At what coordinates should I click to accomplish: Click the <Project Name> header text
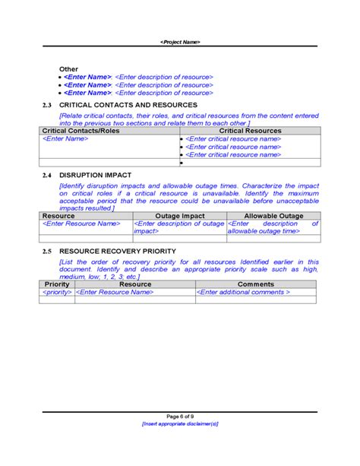click(180, 42)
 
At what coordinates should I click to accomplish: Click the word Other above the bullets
click(68, 68)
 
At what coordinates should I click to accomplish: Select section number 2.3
click(46, 104)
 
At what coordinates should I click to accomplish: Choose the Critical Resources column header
click(250, 131)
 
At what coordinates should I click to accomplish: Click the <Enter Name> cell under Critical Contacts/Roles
click(65, 139)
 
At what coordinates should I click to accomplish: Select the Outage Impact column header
click(179, 216)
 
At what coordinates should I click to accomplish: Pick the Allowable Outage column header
click(273, 216)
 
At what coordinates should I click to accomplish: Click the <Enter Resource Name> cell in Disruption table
click(81, 224)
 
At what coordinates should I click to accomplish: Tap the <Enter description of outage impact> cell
click(179, 227)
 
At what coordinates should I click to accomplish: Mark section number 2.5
click(46, 251)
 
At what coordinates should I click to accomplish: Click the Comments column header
click(255, 284)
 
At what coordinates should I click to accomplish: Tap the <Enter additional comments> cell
click(243, 293)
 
